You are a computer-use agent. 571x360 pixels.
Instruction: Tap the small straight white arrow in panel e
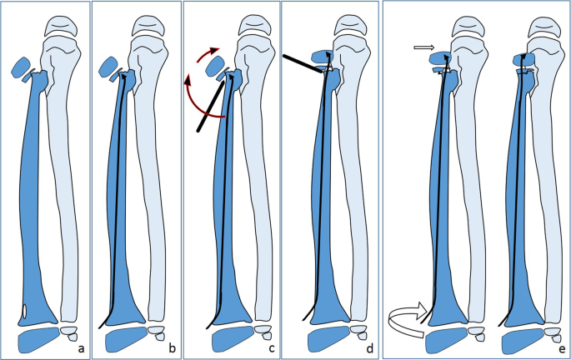[x=424, y=49]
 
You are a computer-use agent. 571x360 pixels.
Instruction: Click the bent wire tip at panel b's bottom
[x=103, y=324]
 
